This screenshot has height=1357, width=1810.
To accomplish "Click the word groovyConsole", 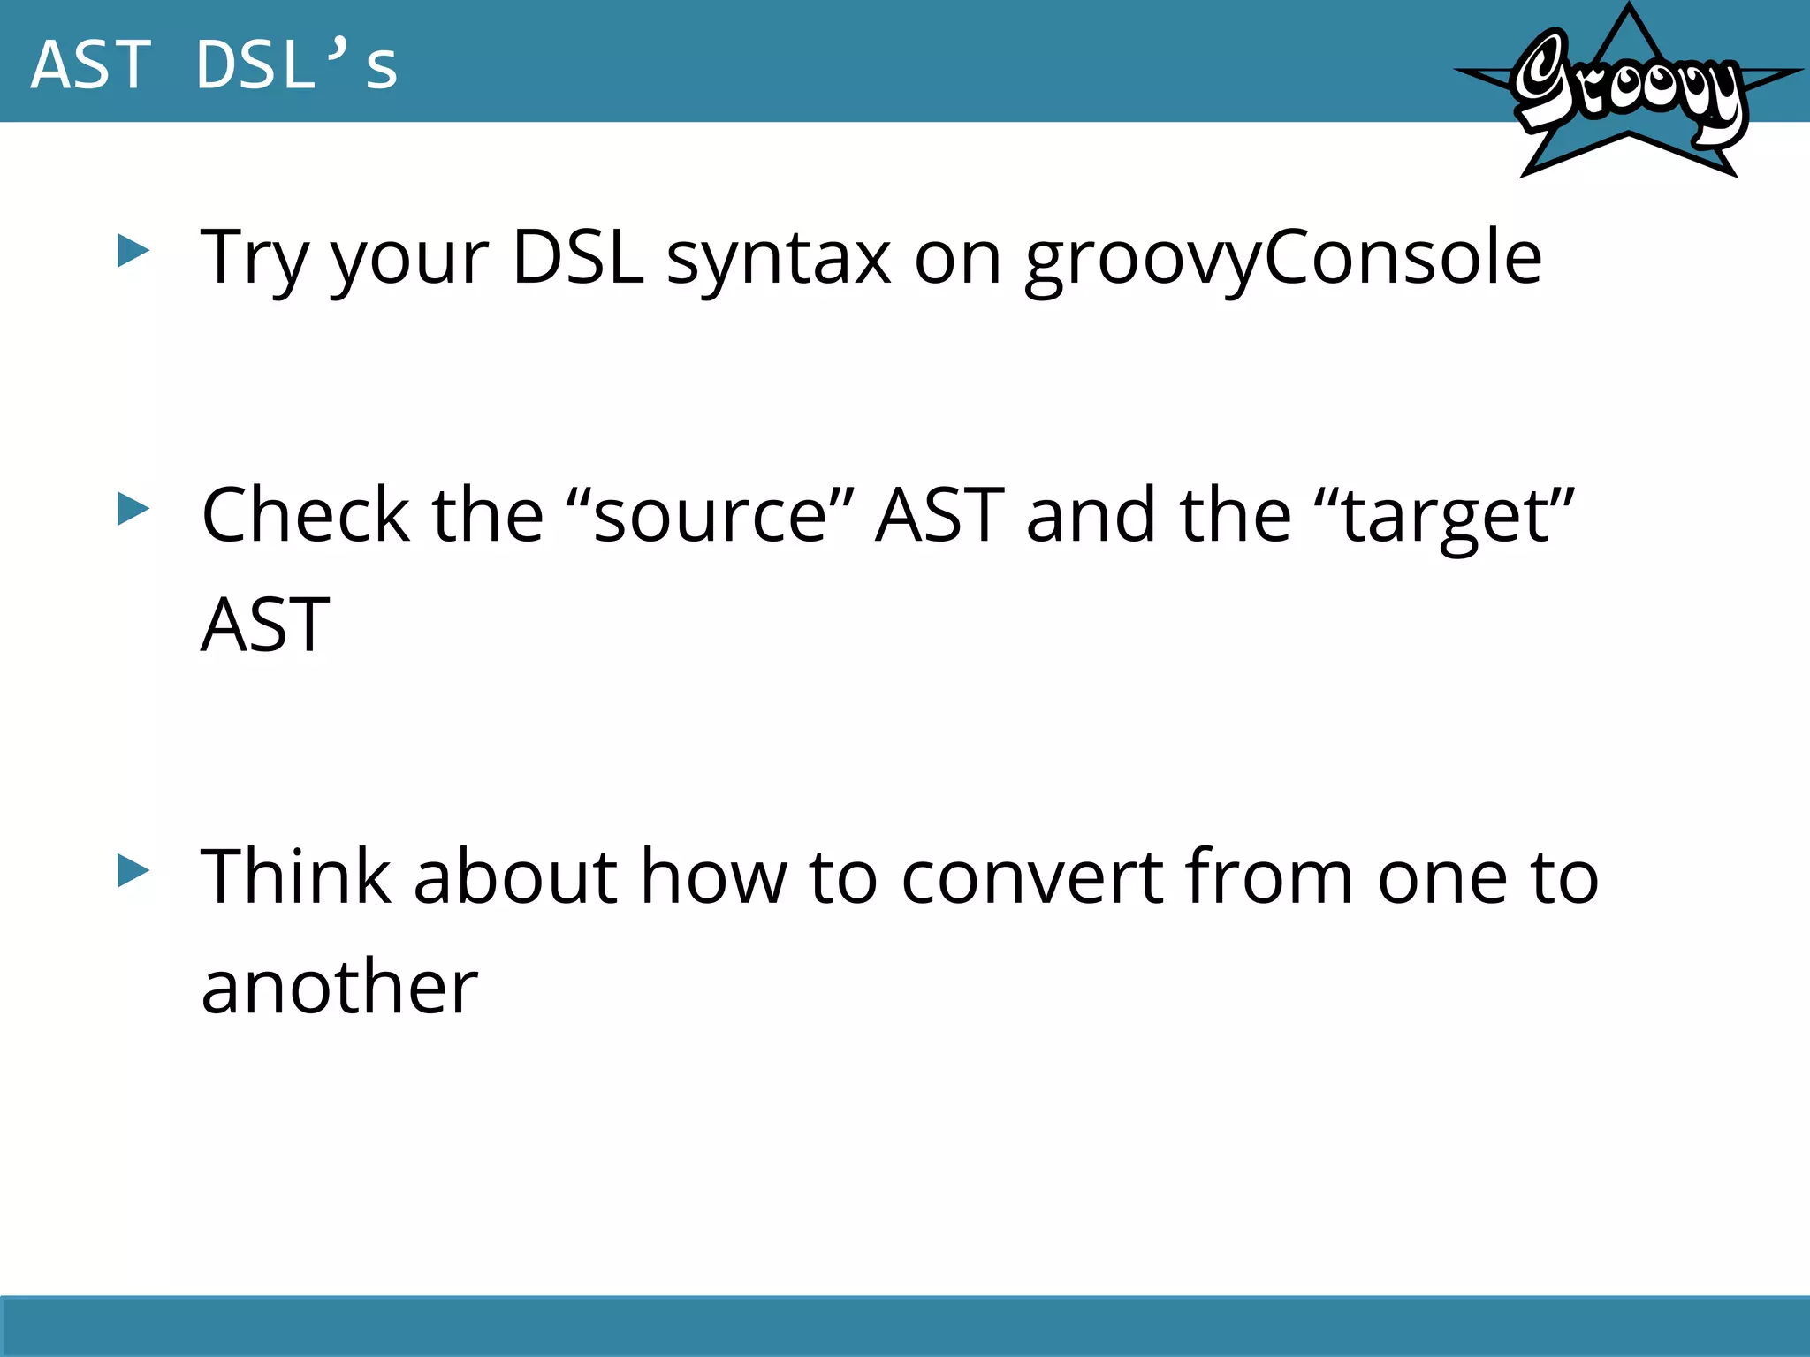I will (1283, 258).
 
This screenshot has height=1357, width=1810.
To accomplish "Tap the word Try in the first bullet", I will (255, 258).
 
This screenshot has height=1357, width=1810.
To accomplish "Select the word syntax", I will (778, 258).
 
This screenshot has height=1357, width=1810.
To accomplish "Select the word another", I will (339, 987).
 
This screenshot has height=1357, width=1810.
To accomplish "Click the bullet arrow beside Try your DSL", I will (133, 252).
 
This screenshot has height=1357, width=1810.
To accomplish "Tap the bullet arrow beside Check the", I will (133, 509).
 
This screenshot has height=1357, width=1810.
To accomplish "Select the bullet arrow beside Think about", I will (133, 871).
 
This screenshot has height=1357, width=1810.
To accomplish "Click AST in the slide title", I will (91, 65).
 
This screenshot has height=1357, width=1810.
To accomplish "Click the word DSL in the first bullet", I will (578, 258).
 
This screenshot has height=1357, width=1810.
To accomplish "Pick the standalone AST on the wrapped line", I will (265, 625).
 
